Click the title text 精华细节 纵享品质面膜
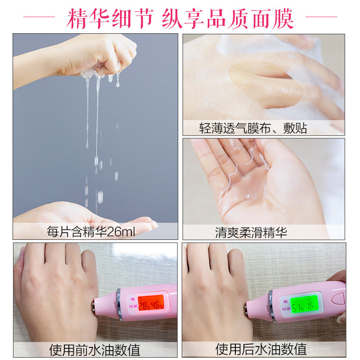click(x=180, y=18)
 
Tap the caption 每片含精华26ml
click(x=91, y=232)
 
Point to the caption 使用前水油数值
click(x=95, y=349)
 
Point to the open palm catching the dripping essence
click(x=90, y=214)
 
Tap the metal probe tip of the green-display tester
click(x=249, y=310)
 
